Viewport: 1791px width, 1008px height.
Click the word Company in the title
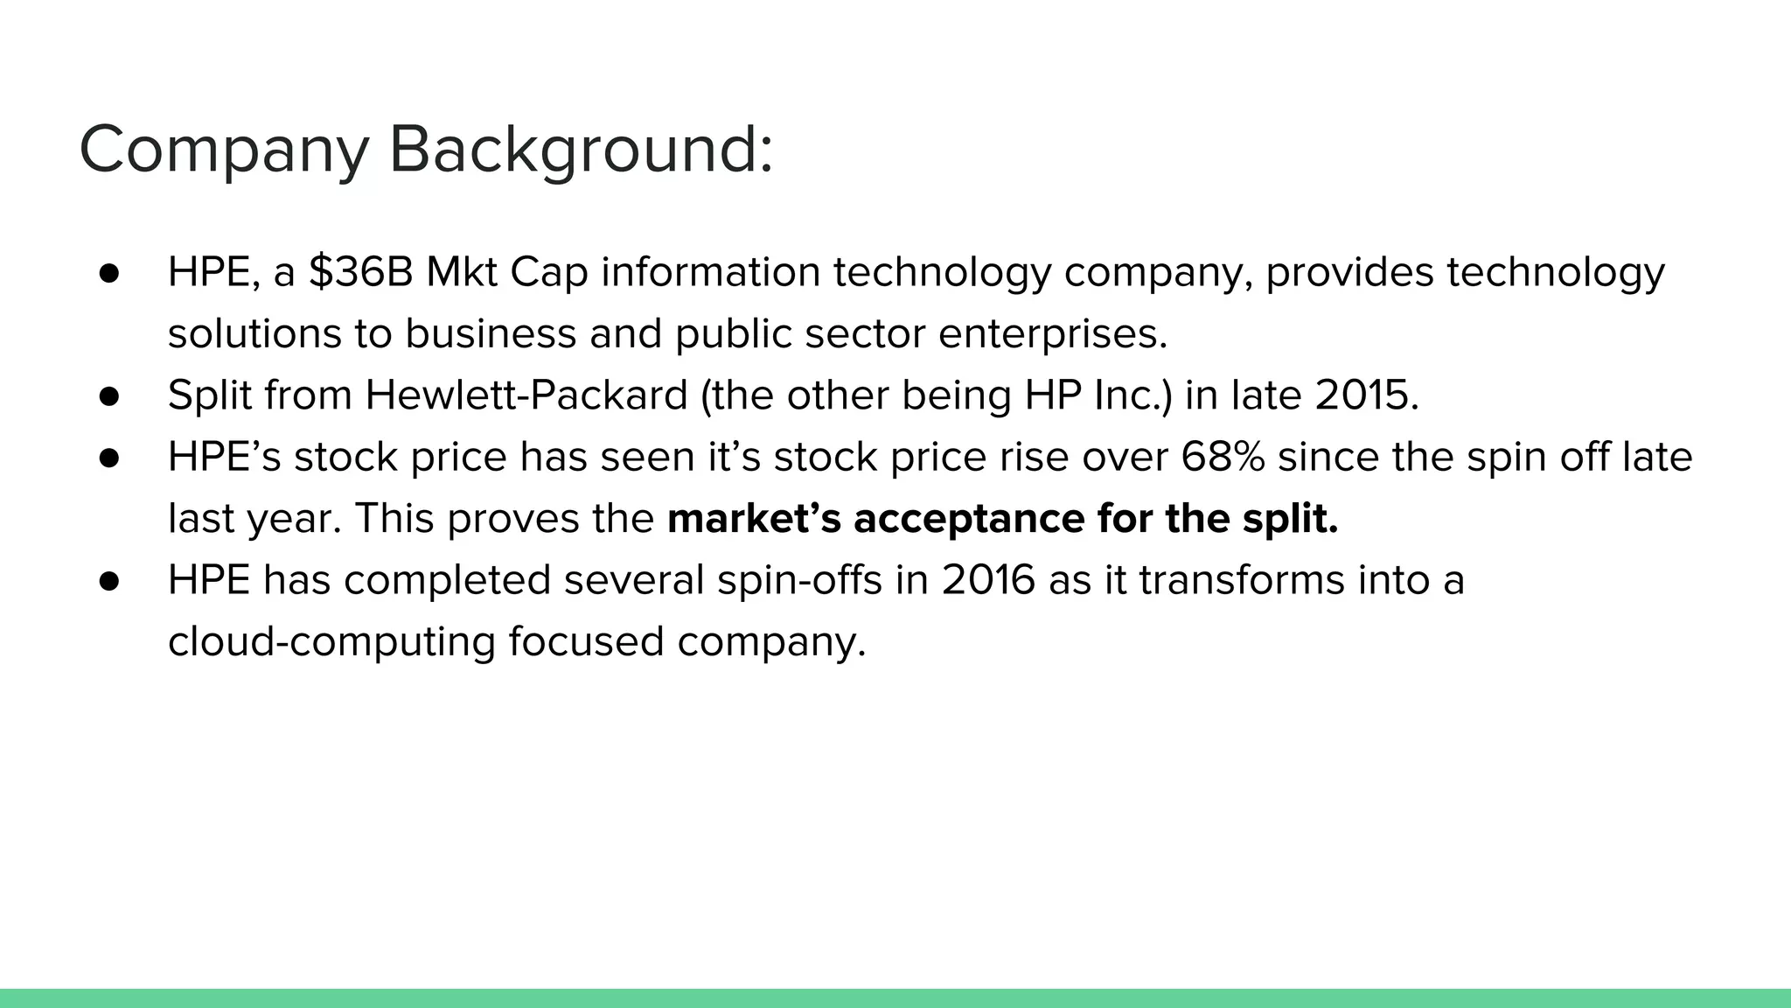tap(224, 150)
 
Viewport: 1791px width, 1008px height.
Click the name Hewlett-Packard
tap(526, 395)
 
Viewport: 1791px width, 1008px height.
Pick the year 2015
tap(1366, 395)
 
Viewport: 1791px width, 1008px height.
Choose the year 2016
tap(988, 580)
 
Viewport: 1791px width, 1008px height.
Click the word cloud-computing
tap(331, 641)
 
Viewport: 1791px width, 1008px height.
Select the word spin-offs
tap(799, 580)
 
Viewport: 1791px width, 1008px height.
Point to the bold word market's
tap(754, 519)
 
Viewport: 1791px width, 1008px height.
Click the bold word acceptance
tap(968, 519)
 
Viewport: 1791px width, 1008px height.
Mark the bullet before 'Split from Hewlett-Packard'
tap(109, 395)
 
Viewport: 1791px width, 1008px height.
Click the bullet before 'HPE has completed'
tap(109, 580)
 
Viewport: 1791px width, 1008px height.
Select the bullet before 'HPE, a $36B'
tap(109, 272)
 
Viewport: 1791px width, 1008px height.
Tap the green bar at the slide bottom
tap(895, 998)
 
